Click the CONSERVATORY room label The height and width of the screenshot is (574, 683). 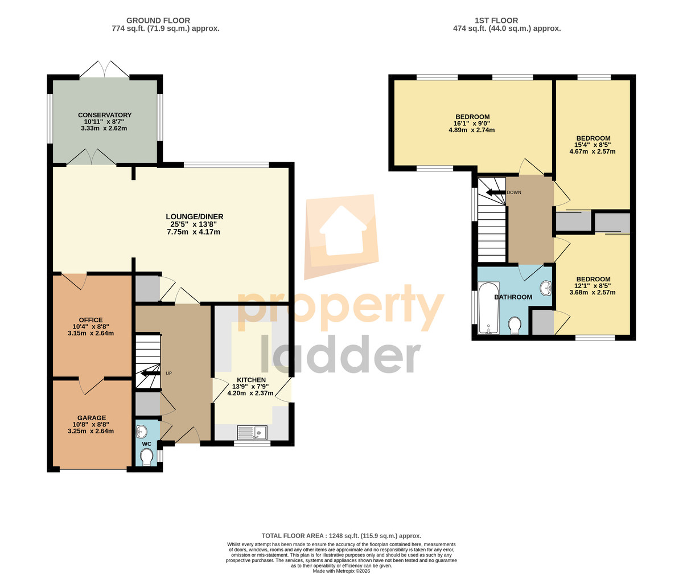click(x=105, y=115)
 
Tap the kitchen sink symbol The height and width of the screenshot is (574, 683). click(x=252, y=433)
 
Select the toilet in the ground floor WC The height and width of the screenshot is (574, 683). click(x=146, y=457)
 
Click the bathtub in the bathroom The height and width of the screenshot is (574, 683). click(x=489, y=308)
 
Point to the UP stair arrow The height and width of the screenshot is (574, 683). click(x=149, y=374)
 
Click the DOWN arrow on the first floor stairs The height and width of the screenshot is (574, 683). click(x=496, y=192)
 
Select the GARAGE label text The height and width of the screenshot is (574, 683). click(x=92, y=418)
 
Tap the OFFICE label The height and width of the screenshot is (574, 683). click(x=90, y=320)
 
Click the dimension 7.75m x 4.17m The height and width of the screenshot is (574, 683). click(x=194, y=232)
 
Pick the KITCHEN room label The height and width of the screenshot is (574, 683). click(x=251, y=380)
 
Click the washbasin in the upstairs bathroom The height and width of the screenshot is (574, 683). click(x=546, y=288)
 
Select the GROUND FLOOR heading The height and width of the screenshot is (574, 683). click(x=158, y=20)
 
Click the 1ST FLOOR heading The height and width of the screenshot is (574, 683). click(x=496, y=20)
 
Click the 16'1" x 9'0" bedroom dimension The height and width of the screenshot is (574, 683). click(x=472, y=124)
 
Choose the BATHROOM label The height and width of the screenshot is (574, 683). click(x=513, y=297)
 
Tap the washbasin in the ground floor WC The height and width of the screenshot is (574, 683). click(x=142, y=431)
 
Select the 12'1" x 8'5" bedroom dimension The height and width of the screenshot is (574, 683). click(x=593, y=286)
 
